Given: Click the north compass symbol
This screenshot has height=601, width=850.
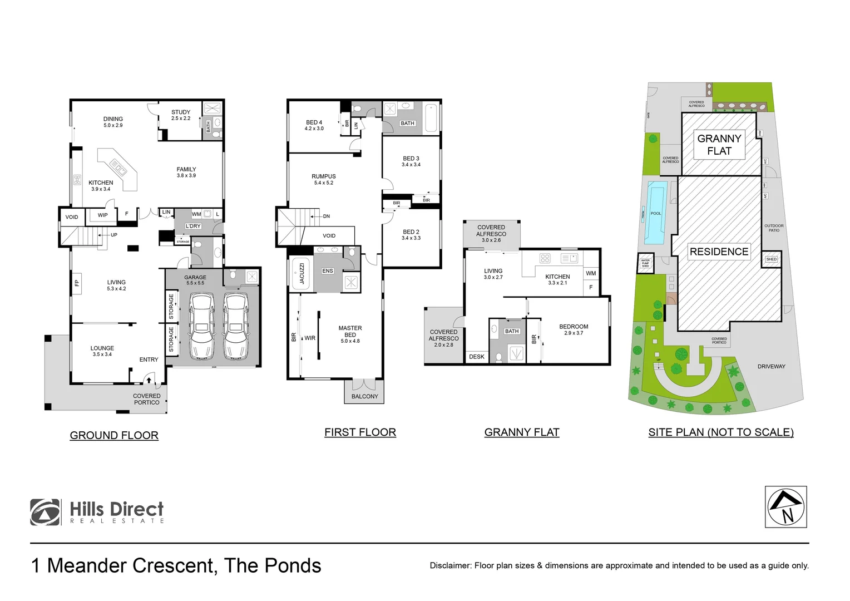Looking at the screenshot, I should [785, 507].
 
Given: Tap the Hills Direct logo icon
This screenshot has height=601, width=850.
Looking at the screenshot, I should [45, 512].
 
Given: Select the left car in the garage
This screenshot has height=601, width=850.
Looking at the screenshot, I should [201, 326].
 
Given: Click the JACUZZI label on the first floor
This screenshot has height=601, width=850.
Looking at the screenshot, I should [302, 273].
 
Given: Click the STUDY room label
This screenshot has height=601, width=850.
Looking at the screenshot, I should [181, 112].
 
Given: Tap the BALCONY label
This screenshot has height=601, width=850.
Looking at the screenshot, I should [364, 396].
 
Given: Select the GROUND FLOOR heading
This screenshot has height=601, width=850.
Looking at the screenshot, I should [114, 435].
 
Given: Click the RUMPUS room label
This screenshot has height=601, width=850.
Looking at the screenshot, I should [323, 176].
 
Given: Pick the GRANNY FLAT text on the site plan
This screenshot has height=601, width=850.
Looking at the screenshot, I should [719, 145].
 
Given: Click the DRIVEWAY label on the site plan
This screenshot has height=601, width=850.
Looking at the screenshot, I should [771, 366].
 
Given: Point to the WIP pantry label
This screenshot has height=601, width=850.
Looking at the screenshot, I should [103, 215].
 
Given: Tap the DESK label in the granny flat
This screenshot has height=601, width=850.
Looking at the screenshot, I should [476, 357].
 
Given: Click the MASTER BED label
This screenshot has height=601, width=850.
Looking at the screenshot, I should [350, 331].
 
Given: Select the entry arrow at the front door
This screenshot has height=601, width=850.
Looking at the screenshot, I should [149, 380].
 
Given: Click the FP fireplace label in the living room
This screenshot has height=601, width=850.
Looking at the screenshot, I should [77, 283].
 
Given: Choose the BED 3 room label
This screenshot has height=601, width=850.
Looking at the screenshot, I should [411, 159].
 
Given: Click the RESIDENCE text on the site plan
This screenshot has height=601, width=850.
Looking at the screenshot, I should [719, 252].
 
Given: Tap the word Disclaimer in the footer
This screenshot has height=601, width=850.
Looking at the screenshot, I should [450, 565].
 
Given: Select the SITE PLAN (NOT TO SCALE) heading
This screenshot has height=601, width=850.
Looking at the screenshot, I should [720, 432].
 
